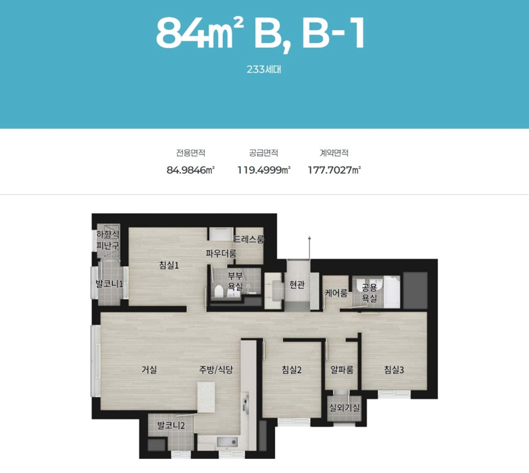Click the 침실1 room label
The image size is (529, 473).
click(x=169, y=265)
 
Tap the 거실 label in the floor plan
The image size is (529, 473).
click(x=149, y=369)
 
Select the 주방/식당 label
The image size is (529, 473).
click(x=216, y=369)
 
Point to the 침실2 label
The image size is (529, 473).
click(x=292, y=369)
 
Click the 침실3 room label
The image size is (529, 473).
click(x=394, y=369)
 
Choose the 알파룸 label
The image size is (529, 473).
click(x=342, y=369)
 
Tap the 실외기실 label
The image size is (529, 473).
click(x=344, y=407)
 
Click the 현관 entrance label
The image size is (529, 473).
click(x=297, y=284)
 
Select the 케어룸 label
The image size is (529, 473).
click(x=336, y=293)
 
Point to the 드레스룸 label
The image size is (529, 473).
click(x=249, y=239)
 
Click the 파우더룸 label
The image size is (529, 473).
click(x=221, y=253)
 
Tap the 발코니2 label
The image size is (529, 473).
click(x=171, y=425)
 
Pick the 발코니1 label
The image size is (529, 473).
click(x=109, y=283)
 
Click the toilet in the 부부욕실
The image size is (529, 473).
click(x=219, y=291)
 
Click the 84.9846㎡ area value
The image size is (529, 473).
click(x=190, y=170)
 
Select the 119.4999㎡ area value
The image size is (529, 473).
click(x=264, y=170)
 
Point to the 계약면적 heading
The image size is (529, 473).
click(x=334, y=153)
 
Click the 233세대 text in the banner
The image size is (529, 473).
click(x=264, y=69)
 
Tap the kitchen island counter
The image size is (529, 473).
click(x=206, y=397)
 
